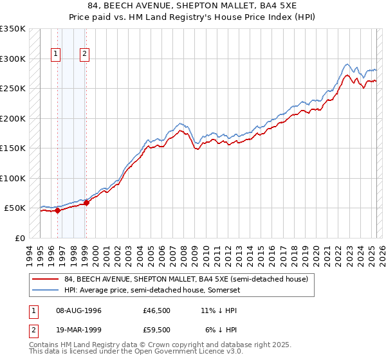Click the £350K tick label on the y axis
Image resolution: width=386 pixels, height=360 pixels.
click(13, 29)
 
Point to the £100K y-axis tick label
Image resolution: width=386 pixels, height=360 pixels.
click(13, 178)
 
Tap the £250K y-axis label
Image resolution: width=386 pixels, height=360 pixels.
click(13, 89)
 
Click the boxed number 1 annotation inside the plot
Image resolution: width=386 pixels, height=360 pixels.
click(57, 55)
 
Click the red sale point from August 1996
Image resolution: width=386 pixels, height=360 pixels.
click(57, 210)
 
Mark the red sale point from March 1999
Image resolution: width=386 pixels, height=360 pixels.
click(86, 203)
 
